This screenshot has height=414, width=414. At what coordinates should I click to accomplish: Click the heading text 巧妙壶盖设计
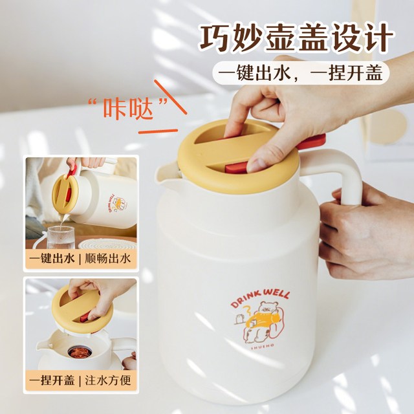click(296, 38)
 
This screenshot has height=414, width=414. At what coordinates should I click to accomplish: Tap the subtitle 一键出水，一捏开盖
click(301, 72)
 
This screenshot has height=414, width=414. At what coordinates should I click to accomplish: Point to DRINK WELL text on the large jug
click(260, 298)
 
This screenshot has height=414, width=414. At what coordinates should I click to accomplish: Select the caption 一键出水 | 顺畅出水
click(80, 259)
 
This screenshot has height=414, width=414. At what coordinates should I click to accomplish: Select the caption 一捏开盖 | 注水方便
click(80, 380)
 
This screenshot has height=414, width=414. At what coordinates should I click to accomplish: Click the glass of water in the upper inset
click(61, 237)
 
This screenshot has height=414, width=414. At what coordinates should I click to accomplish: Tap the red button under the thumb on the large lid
click(236, 168)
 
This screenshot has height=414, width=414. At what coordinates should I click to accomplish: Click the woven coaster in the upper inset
click(107, 245)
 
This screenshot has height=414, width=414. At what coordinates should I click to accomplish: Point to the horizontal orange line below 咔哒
click(158, 131)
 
